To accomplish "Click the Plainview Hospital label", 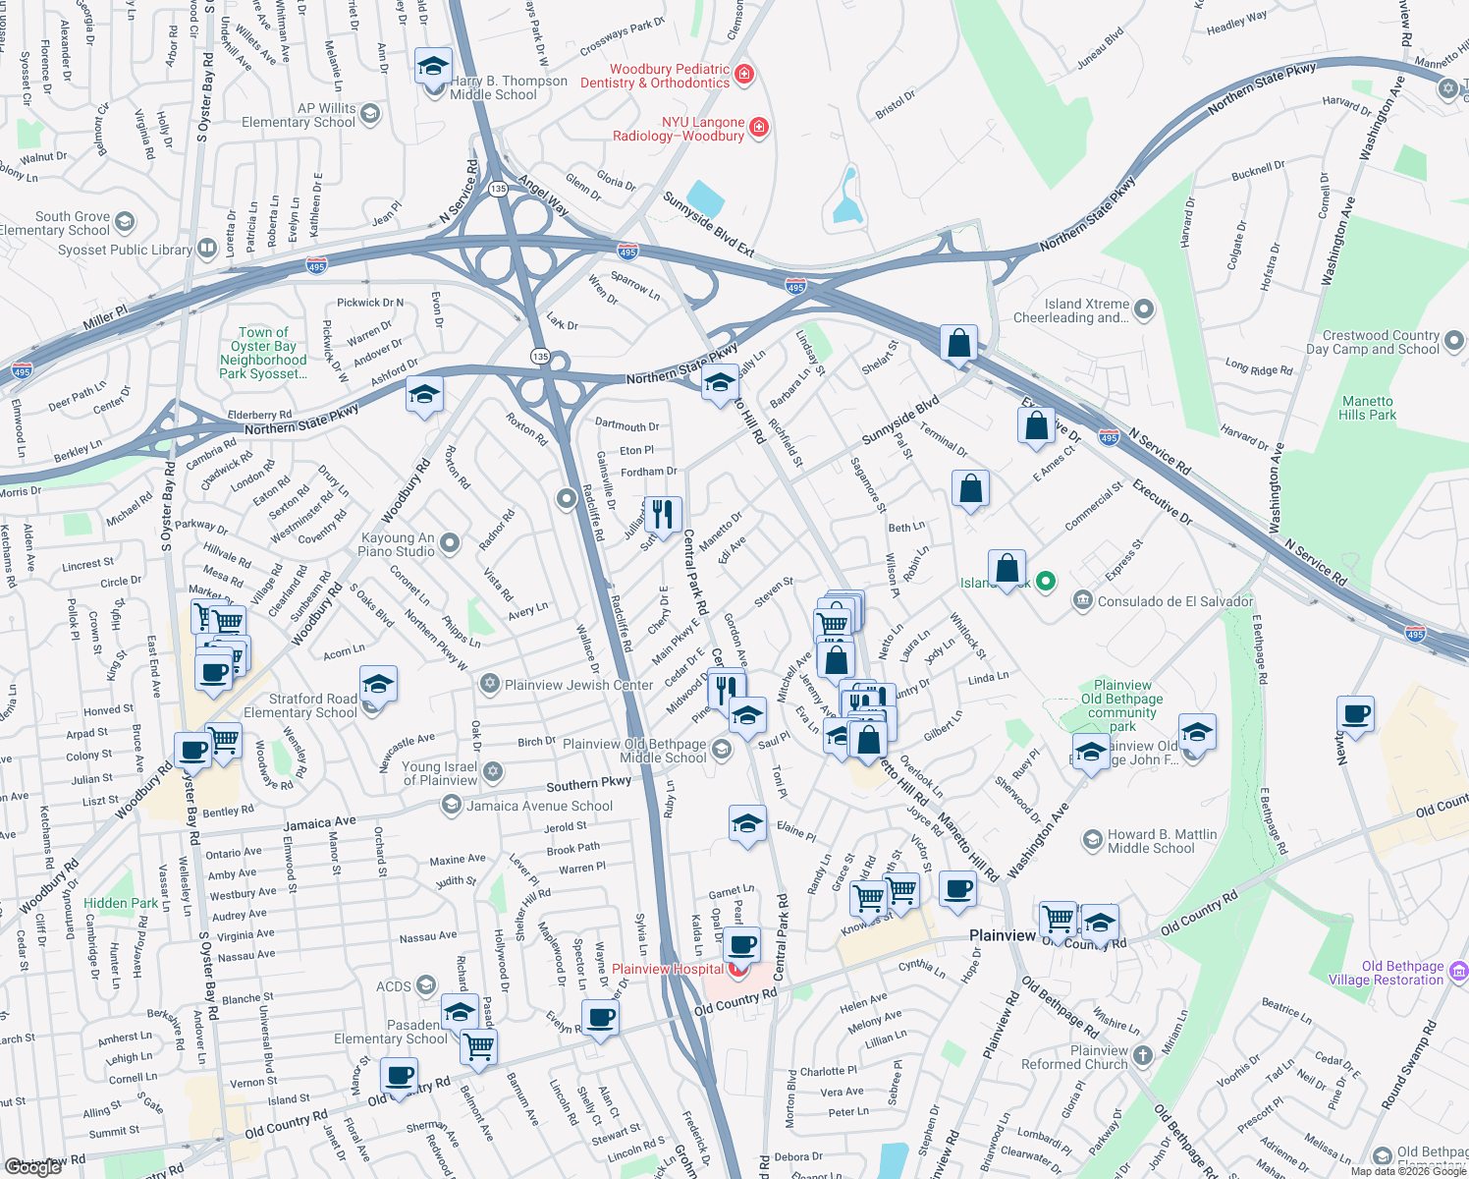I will click(x=668, y=969).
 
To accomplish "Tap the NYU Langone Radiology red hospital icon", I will click(x=758, y=127).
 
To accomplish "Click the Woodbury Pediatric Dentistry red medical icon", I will click(x=744, y=74).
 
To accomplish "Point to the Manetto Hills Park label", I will click(x=1367, y=408).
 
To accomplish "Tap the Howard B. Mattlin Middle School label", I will click(x=1162, y=841).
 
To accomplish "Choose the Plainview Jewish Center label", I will click(x=578, y=685).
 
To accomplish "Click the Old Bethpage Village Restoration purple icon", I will click(x=1458, y=972).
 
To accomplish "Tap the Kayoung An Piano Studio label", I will click(x=398, y=544).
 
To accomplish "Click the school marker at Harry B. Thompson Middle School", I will click(x=433, y=68).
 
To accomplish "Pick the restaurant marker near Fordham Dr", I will click(x=663, y=515).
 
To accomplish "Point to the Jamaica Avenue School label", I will click(x=539, y=806).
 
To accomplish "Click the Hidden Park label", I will click(x=121, y=903).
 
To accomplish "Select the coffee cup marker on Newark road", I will click(x=1355, y=716).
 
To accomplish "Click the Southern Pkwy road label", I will click(x=589, y=784).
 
